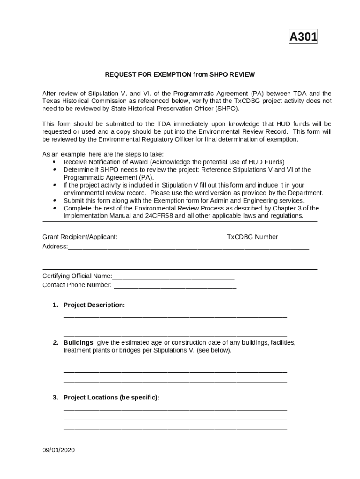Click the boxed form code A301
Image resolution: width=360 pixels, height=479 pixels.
pyautogui.click(x=303, y=37)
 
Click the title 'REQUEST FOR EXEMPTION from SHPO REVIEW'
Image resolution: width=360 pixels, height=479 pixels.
pyautogui.click(x=180, y=74)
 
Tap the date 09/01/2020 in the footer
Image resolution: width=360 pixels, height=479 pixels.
pyautogui.click(x=58, y=450)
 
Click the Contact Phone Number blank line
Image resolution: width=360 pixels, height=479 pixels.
pyautogui.click(x=175, y=286)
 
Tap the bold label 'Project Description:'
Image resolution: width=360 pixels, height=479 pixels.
pyautogui.click(x=94, y=305)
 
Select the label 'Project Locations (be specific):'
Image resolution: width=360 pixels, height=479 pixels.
pyautogui.click(x=111, y=398)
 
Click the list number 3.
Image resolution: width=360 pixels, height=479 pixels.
pyautogui.click(x=55, y=398)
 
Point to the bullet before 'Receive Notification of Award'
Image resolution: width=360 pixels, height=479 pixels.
pyautogui.click(x=55, y=162)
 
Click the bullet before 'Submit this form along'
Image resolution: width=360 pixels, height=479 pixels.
pyautogui.click(x=55, y=200)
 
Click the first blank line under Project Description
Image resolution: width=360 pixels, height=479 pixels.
pyautogui.click(x=175, y=317)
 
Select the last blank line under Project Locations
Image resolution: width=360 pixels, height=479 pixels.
pyautogui.click(x=175, y=428)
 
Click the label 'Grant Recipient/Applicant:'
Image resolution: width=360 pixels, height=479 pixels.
pyautogui.click(x=79, y=237)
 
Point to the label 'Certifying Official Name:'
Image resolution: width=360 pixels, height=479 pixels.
pyautogui.click(x=77, y=276)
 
